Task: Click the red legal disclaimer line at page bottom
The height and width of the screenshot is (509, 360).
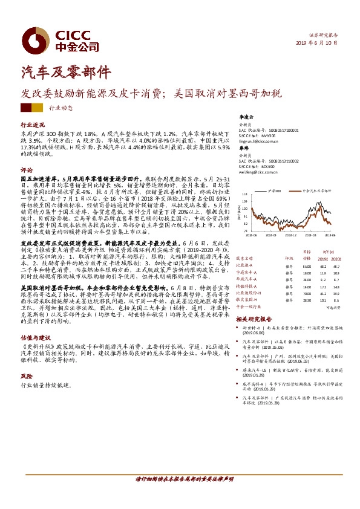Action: pyautogui.click(x=183, y=479)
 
